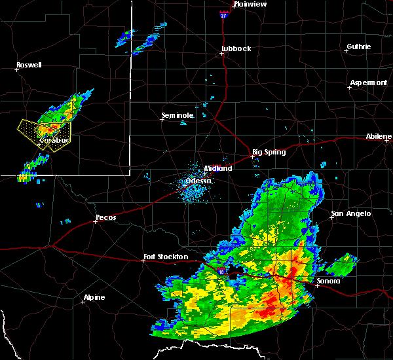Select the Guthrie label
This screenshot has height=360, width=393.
pos(358,46)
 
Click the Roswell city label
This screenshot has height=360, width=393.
pos(29,65)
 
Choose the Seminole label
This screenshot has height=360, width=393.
pos(178,115)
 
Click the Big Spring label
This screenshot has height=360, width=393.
pos(269,152)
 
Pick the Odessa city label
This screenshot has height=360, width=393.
pos(198,181)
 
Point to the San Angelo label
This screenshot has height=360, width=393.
pos(350,213)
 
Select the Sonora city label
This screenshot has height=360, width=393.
pos(328,281)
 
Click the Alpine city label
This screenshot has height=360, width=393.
pos(94,298)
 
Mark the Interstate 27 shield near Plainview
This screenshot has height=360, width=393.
pos(223,13)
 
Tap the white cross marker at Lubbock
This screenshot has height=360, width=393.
pos(222,54)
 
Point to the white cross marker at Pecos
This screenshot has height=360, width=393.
pos(95,221)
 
